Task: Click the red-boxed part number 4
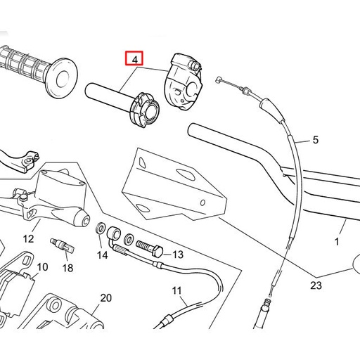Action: (134, 59)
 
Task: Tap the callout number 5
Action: (314, 140)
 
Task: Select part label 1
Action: (337, 241)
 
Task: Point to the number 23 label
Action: (316, 285)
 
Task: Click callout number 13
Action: (177, 254)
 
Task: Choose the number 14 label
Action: (103, 255)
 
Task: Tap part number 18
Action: (67, 268)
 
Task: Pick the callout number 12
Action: (28, 239)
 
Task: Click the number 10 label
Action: (42, 267)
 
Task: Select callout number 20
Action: (105, 298)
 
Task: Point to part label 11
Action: (176, 290)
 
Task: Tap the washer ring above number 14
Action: (101, 229)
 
